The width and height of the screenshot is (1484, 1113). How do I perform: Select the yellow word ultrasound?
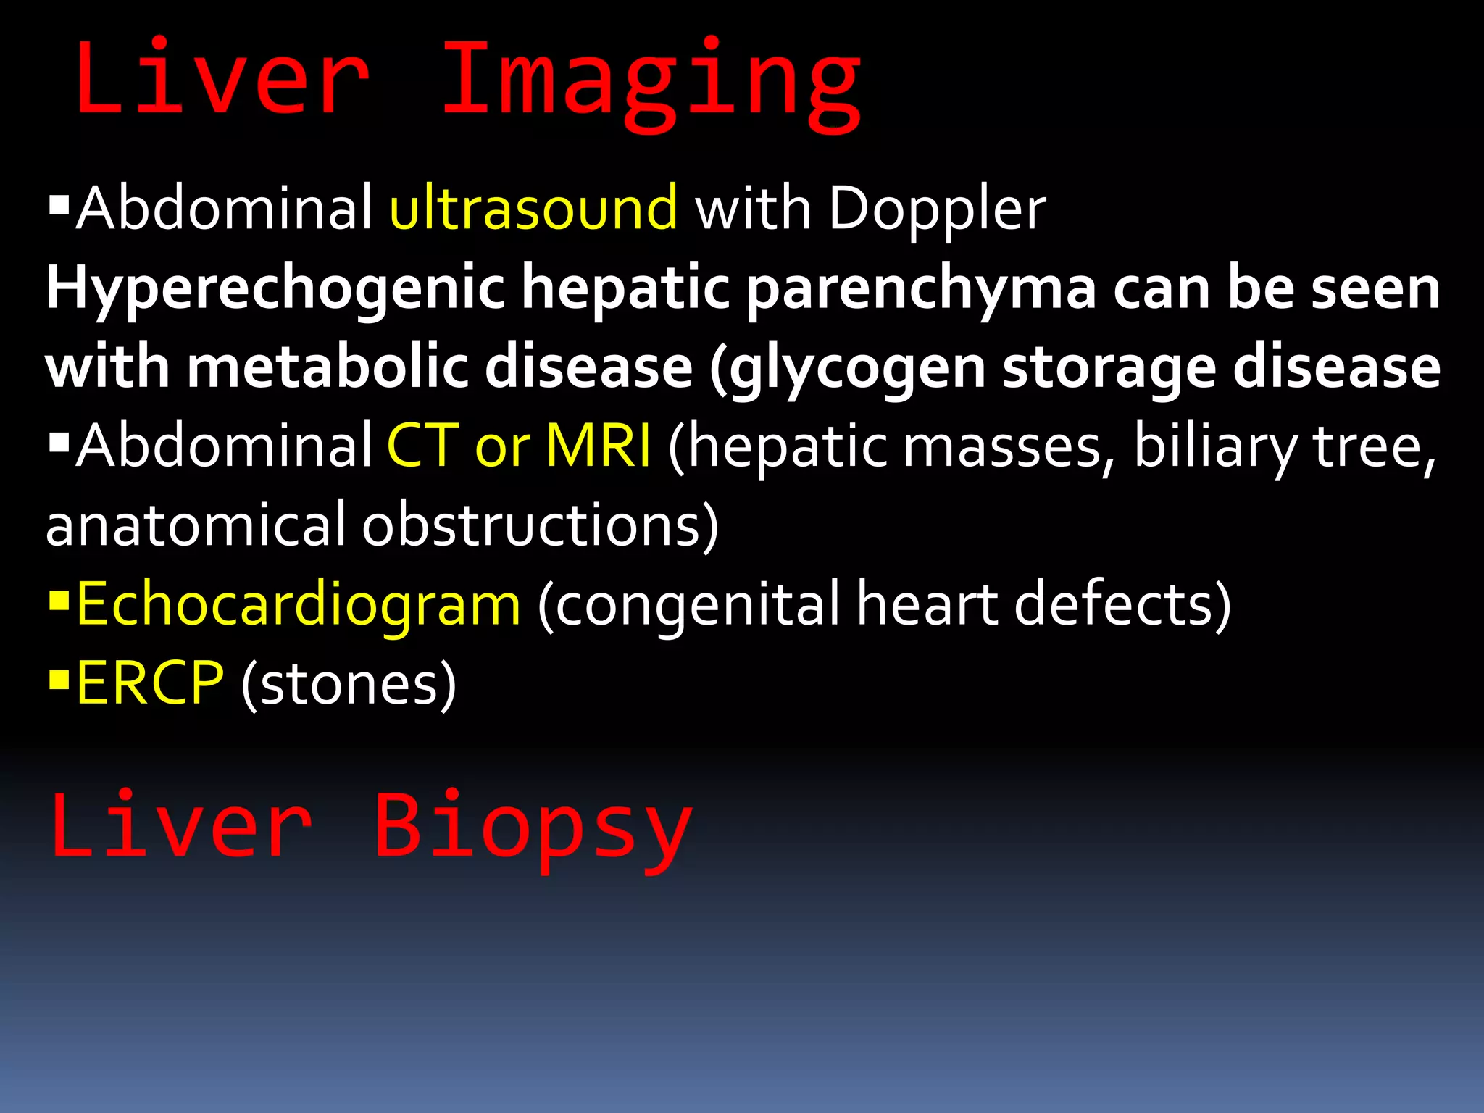[533, 209]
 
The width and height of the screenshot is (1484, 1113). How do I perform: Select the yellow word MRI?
[598, 446]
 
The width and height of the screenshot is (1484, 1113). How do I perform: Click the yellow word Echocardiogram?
[298, 604]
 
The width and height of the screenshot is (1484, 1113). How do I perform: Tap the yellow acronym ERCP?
[150, 683]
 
